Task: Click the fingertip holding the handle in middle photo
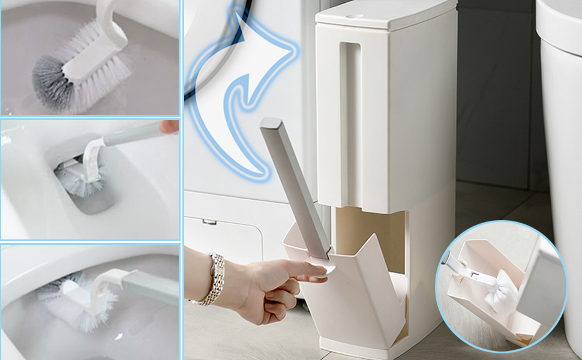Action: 169,127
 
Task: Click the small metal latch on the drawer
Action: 209,222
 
